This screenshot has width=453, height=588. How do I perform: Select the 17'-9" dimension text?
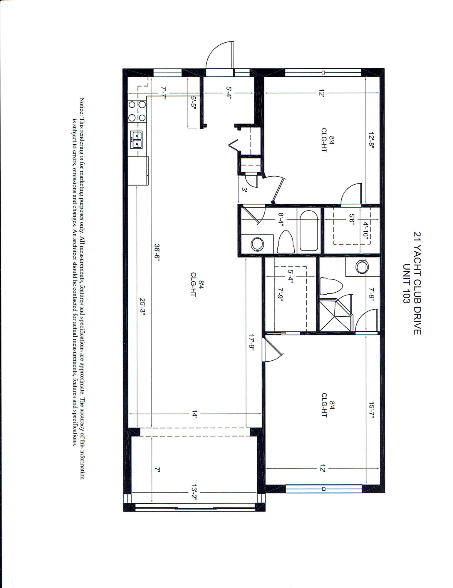(251, 344)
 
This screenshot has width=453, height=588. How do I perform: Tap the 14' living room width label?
(194, 415)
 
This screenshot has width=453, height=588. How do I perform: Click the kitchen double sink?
(137, 140)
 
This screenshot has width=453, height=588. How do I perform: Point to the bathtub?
(309, 231)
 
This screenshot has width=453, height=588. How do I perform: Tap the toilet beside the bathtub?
(286, 242)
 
